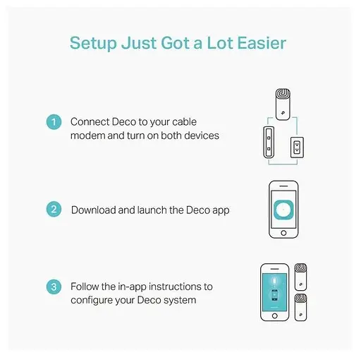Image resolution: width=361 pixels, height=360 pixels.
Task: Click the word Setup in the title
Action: [93, 43]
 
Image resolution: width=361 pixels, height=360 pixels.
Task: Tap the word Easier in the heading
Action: [262, 43]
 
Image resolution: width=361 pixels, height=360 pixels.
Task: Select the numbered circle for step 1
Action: [54, 122]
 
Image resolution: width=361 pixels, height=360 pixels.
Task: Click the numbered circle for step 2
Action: [54, 209]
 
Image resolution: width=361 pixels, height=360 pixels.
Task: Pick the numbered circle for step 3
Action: [54, 287]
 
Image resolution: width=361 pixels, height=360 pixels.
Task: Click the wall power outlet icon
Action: [297, 148]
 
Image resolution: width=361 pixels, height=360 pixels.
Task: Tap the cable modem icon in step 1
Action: [269, 142]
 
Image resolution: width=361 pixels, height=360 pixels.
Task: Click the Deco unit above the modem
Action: [283, 104]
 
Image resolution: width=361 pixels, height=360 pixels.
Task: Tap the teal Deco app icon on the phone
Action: [283, 210]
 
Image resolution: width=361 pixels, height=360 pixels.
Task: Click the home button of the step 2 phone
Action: [283, 233]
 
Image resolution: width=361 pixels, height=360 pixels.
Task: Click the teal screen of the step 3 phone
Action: [274, 292]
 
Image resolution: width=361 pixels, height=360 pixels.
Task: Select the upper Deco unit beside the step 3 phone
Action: [300, 277]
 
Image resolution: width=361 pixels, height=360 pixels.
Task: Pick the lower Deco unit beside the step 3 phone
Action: [300, 307]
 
